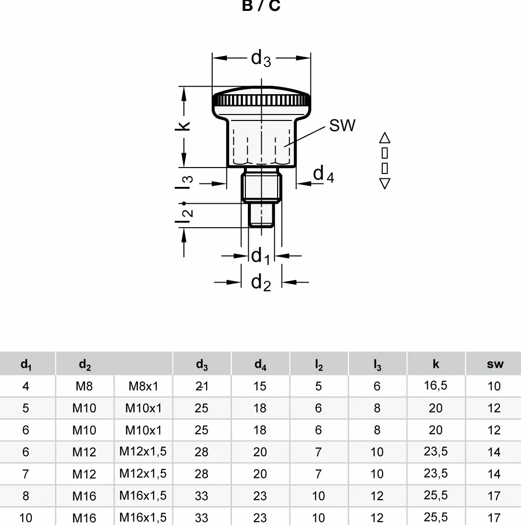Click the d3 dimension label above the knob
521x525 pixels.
point(261,58)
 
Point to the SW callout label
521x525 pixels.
point(342,125)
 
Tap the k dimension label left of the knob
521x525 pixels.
point(183,126)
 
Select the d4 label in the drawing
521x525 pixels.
point(323,174)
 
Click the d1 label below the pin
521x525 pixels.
point(261,256)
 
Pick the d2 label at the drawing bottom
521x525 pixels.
point(261,283)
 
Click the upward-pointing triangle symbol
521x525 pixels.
point(385,138)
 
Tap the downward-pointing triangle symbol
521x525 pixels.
point(385,183)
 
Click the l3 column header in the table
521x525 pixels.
point(377,364)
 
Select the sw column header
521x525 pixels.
point(495,364)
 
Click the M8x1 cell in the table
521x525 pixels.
point(143,386)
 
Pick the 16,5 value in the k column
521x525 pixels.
point(435,386)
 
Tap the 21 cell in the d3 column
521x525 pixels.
point(202,386)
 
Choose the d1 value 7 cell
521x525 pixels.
point(26,474)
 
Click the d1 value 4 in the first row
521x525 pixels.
point(26,386)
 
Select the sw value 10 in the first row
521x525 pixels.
point(494,386)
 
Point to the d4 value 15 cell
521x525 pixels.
point(260,386)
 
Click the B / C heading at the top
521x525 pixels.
point(261,5)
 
